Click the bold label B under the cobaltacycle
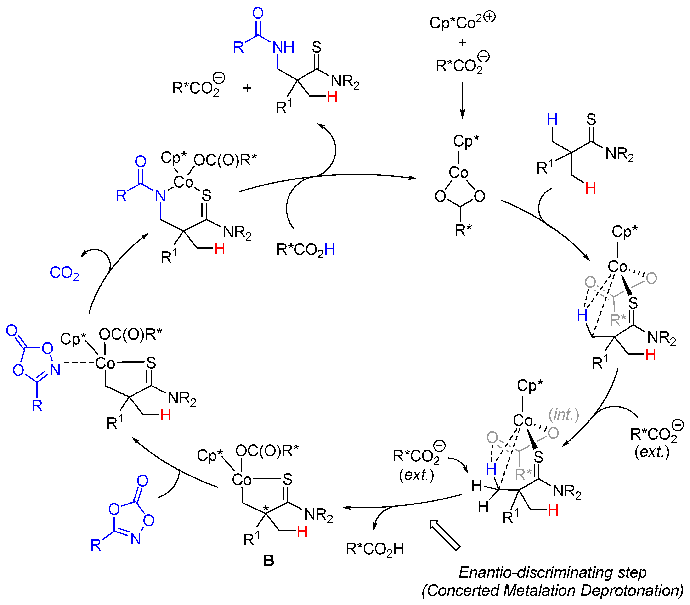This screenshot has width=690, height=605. [x=269, y=560]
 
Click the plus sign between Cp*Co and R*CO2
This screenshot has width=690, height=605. [x=463, y=43]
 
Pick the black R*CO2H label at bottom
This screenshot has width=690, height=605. [x=375, y=549]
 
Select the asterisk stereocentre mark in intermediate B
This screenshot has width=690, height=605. [x=266, y=508]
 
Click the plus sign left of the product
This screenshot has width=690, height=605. [x=248, y=88]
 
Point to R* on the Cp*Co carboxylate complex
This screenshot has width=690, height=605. [x=463, y=230]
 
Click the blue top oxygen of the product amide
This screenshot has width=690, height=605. [x=258, y=13]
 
